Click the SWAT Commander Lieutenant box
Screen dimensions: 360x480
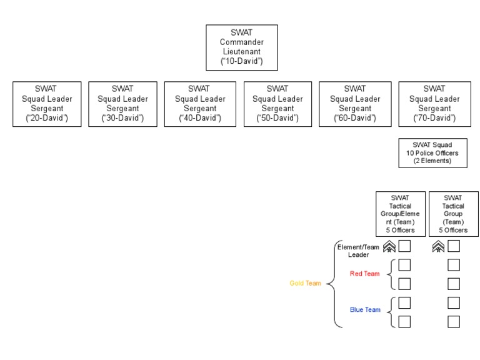(x=242, y=47)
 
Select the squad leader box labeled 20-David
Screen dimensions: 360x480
(x=47, y=104)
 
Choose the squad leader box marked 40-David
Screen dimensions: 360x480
(x=199, y=104)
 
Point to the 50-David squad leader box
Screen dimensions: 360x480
(x=277, y=104)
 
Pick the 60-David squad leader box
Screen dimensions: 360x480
(x=354, y=104)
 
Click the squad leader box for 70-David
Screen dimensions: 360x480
(x=434, y=104)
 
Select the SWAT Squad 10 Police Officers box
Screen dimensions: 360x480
(x=434, y=153)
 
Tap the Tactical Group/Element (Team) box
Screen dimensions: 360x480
(x=399, y=214)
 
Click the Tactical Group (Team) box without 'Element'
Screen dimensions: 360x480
(x=453, y=214)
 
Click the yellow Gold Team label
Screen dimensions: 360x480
(x=305, y=283)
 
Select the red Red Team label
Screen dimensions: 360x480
(x=364, y=274)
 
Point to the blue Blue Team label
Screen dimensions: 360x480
(x=364, y=309)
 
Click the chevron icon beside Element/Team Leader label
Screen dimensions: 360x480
(x=389, y=247)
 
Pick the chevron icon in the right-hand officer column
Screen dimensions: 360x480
(x=438, y=247)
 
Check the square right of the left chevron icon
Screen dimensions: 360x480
(x=404, y=246)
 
